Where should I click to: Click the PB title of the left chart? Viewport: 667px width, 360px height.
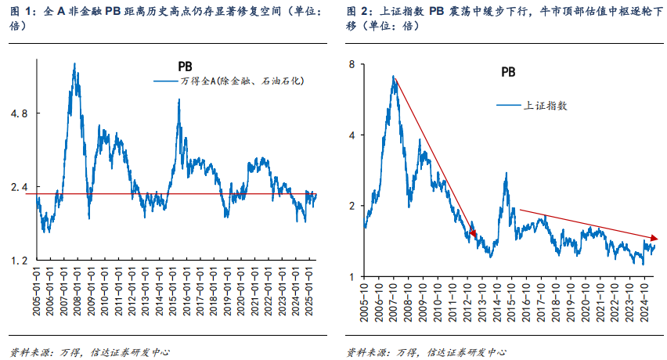point(184,67)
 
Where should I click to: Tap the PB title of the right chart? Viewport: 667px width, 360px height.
point(508,72)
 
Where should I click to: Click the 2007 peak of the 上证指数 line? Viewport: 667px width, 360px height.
point(395,76)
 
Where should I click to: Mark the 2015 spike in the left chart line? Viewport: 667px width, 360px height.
point(179,102)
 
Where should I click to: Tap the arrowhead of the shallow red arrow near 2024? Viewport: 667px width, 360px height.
point(654,237)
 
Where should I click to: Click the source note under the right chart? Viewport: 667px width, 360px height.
point(427,351)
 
